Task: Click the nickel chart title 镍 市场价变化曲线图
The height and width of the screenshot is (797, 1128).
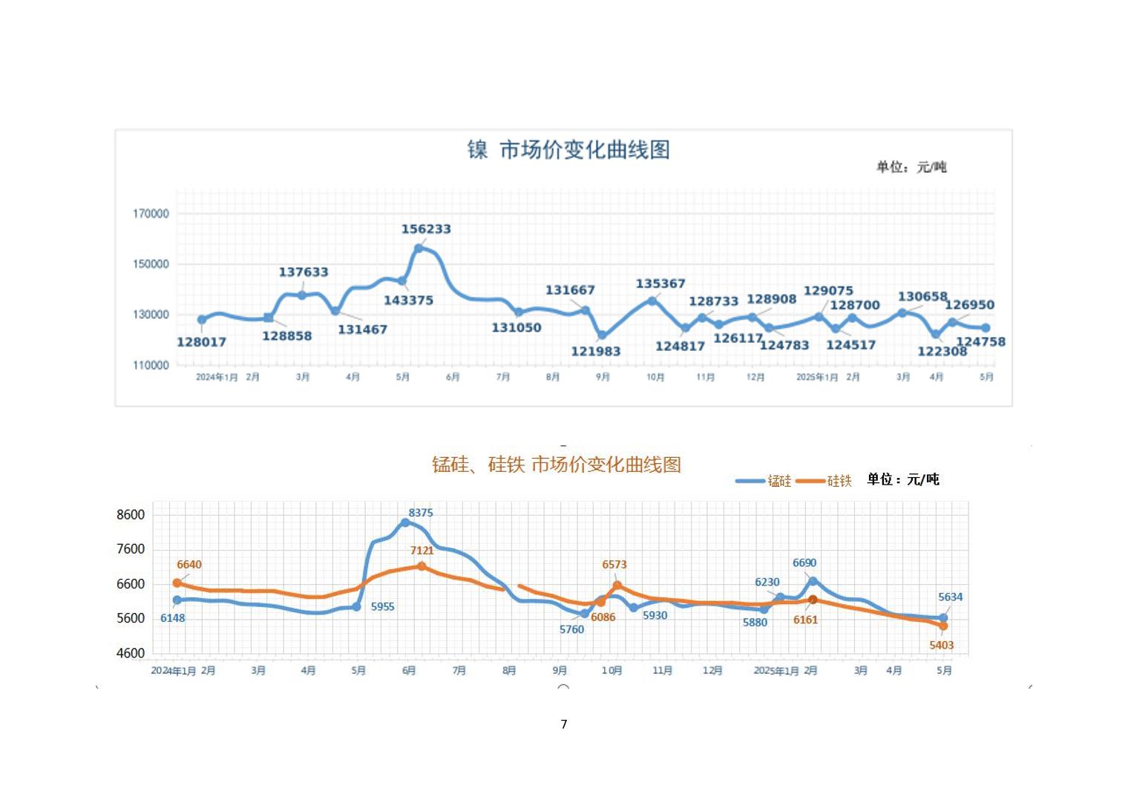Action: point(568,150)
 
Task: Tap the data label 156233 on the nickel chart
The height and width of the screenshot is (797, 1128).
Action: point(426,229)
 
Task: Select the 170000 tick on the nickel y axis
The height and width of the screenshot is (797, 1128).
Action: point(151,214)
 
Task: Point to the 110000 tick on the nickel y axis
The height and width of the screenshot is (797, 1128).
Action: point(151,365)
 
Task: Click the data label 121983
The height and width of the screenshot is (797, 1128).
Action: point(595,352)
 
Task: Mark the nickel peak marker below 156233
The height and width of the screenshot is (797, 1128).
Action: point(419,249)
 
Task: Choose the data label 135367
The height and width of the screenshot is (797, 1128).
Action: point(660,283)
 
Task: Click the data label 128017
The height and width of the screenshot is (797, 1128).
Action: point(201,342)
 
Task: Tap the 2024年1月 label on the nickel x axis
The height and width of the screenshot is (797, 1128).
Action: point(217,377)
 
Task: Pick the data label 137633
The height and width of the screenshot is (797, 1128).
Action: point(303,272)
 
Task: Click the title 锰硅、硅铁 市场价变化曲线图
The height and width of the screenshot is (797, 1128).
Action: point(557,465)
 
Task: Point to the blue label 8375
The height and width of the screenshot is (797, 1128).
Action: point(421,513)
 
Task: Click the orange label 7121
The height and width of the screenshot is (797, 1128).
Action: point(422,551)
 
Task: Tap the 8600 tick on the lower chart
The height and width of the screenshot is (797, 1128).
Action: point(131,514)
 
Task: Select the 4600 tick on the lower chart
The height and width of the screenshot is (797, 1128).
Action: point(131,653)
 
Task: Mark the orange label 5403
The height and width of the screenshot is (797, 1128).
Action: point(941,646)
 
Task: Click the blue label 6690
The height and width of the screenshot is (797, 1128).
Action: point(804,563)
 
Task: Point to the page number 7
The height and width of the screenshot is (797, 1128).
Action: point(564,724)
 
